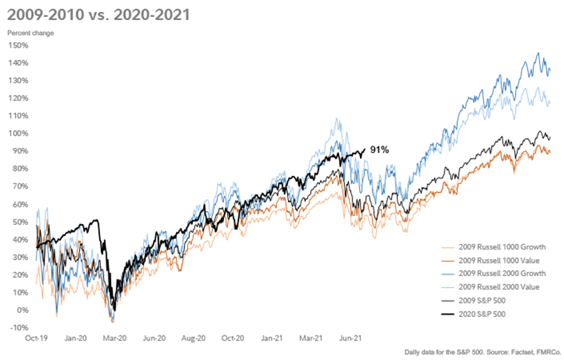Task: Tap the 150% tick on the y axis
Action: coord(18,45)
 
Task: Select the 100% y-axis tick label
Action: coord(18,134)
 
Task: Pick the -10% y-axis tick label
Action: coord(19,328)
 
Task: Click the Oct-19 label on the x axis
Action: coord(27,338)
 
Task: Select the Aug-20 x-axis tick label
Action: coord(194,338)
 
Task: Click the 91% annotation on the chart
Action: coord(381,150)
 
